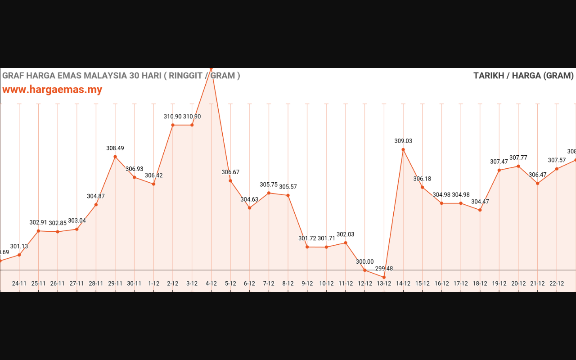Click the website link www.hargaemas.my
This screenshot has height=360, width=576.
(x=52, y=90)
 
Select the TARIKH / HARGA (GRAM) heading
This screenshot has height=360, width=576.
(x=523, y=76)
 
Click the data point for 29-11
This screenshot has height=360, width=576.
(x=115, y=157)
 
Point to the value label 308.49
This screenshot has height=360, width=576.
(x=115, y=148)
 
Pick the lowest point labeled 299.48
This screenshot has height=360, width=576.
(x=384, y=277)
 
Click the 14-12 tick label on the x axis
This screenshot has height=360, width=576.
(x=403, y=283)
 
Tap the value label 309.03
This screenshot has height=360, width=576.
(x=403, y=141)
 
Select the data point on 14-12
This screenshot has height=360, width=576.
(x=403, y=149)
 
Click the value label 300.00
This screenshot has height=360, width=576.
(x=364, y=261)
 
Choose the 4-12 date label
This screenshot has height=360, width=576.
(x=211, y=283)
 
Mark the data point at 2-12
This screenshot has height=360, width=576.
(x=173, y=125)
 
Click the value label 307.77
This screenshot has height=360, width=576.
(x=518, y=158)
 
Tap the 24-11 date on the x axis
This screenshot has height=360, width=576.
(x=19, y=283)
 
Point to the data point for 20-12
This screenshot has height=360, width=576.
(x=518, y=166)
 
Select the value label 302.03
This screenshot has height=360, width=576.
(x=346, y=234)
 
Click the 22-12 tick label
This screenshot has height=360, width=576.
(x=557, y=283)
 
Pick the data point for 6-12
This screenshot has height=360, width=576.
(x=249, y=208)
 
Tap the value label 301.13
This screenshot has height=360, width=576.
(x=19, y=246)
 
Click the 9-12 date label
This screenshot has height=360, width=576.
(x=307, y=283)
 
